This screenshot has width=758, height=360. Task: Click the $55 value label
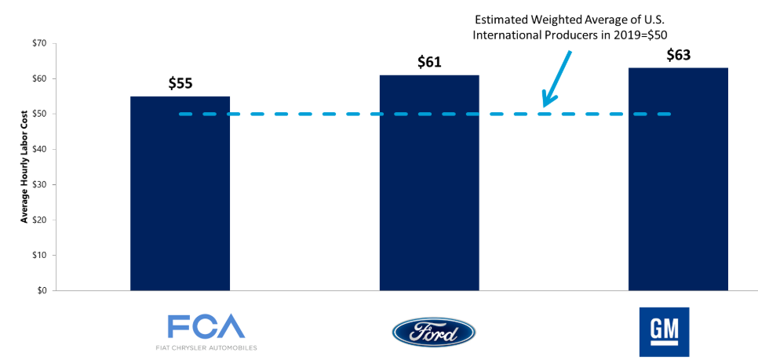180,83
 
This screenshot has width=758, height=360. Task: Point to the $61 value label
429,62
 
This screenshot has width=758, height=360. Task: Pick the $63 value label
678,55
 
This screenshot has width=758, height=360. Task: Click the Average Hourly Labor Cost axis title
24,167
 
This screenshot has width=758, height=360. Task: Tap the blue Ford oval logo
433,332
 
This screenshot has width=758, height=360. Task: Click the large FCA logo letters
206,325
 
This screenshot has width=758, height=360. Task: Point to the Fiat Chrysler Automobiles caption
206,347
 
